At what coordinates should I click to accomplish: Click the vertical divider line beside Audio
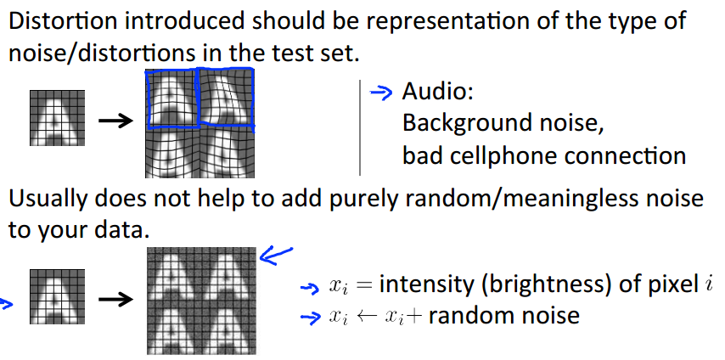[361, 127]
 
